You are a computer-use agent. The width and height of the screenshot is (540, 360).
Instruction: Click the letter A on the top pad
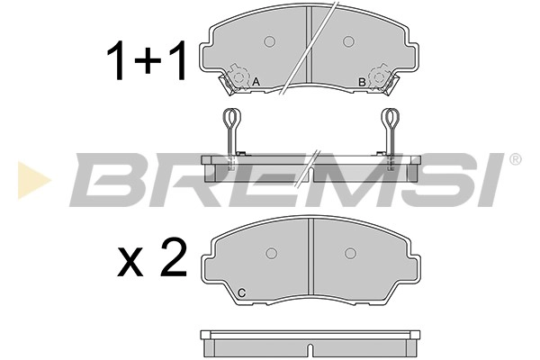point(256,83)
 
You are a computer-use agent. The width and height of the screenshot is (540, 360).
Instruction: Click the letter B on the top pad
point(361,83)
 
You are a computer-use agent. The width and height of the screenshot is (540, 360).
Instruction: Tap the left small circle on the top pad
point(269,40)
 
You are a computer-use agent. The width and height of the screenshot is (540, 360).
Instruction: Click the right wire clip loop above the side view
point(390,120)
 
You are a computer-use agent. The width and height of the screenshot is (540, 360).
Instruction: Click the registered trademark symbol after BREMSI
point(515,159)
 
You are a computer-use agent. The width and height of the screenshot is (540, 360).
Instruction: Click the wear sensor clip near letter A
point(238,76)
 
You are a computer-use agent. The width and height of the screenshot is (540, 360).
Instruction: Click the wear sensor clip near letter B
point(379,76)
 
